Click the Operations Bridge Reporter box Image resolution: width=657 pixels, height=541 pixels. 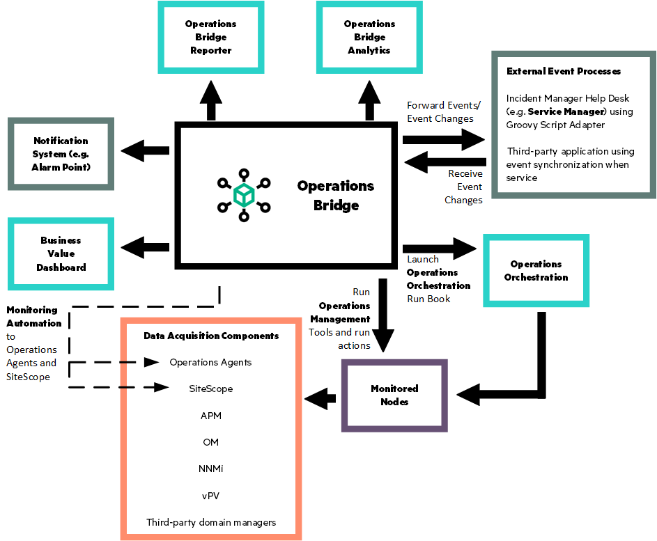(210, 38)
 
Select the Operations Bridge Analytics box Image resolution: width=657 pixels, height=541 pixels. (369, 38)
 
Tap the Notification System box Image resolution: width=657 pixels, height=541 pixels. (61, 154)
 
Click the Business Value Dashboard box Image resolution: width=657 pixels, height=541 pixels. (61, 254)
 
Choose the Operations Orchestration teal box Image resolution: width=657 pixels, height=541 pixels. (536, 271)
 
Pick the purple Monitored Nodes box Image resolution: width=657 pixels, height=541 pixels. (394, 395)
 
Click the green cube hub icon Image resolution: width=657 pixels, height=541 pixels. (243, 195)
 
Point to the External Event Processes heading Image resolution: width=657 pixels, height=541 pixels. (563, 71)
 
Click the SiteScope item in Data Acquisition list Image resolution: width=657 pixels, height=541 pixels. (210, 389)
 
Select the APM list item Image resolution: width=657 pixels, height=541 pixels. (210, 416)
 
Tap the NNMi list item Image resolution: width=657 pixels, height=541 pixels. (210, 469)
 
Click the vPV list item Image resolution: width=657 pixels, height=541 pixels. (210, 495)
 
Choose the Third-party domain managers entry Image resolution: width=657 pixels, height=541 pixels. (210, 522)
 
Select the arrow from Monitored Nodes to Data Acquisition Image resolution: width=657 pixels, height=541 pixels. (320, 399)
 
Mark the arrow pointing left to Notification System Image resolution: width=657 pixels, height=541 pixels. (145, 150)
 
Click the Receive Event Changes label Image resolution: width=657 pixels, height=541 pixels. (464, 187)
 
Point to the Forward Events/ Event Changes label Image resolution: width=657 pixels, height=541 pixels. (443, 112)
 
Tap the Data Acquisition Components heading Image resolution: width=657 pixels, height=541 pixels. (210, 336)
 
